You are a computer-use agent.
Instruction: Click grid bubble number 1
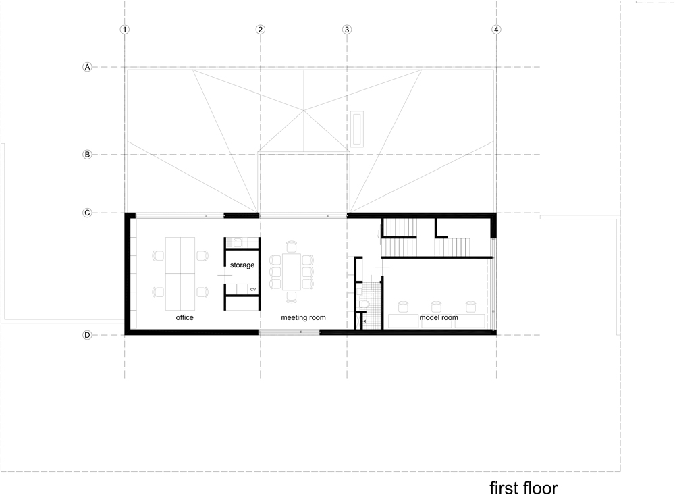tap(124, 30)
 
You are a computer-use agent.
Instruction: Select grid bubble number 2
tap(260, 30)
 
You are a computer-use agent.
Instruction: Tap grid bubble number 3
tap(347, 30)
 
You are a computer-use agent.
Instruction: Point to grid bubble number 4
tap(496, 30)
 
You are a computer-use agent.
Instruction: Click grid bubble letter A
tap(87, 67)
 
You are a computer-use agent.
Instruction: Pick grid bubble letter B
tap(87, 154)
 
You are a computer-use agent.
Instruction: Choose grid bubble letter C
tap(87, 213)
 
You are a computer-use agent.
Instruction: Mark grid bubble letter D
tap(87, 335)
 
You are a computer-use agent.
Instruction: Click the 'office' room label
tap(185, 317)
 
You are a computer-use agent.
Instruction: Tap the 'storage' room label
tap(242, 265)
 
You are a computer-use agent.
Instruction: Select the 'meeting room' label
tap(304, 317)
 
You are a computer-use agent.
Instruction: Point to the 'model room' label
tap(439, 317)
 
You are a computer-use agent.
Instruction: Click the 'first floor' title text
tap(524, 488)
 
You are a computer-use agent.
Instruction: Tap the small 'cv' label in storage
tap(253, 290)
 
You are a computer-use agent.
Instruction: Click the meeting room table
tap(292, 272)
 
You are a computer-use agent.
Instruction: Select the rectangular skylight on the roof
tap(357, 129)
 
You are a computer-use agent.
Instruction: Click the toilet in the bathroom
tap(364, 304)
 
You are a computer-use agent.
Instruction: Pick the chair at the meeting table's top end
tap(292, 246)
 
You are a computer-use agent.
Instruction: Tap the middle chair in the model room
tap(437, 307)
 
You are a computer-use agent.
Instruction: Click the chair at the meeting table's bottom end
tap(292, 297)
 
